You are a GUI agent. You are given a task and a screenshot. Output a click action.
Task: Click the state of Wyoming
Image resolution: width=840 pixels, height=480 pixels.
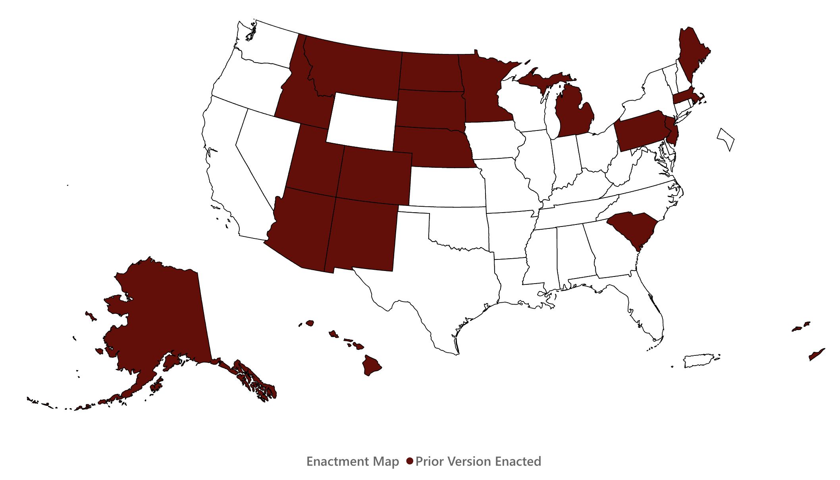tap(362, 121)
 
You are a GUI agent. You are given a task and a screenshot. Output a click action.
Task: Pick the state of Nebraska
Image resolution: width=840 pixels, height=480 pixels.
tap(433, 147)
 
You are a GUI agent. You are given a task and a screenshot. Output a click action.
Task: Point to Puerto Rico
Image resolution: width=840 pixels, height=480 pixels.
tap(699, 361)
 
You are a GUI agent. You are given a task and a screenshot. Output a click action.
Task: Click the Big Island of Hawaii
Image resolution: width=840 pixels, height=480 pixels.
tap(371, 365)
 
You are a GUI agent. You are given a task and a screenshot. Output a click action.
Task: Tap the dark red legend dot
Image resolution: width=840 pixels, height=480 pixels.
tap(410, 461)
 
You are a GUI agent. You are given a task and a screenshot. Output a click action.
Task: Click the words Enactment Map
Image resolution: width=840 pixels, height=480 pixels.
tap(353, 461)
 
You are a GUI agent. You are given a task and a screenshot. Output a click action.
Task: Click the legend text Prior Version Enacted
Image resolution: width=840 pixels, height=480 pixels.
tap(478, 461)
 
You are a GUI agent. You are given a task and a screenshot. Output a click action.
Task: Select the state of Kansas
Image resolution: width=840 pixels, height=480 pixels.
tap(447, 186)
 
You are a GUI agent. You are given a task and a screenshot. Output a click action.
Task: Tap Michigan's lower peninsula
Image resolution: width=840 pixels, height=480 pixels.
tap(572, 115)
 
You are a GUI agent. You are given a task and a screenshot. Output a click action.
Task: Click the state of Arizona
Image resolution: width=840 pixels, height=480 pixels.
tap(302, 228)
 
